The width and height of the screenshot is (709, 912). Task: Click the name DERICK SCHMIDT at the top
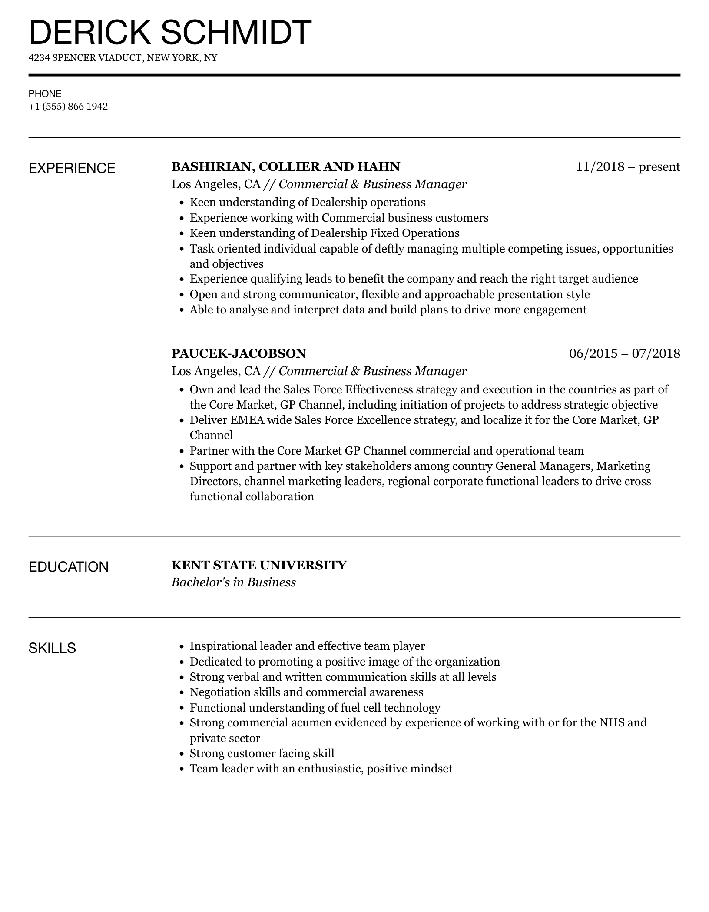point(170,32)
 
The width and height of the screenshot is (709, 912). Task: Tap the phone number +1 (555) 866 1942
point(68,107)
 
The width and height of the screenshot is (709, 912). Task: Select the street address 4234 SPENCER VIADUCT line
point(123,58)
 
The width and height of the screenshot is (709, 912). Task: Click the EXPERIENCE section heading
point(72,168)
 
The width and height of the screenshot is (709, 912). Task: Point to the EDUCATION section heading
point(68,567)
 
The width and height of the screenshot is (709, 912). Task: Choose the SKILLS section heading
point(52,648)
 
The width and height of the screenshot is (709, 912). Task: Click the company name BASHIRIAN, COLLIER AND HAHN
point(285,166)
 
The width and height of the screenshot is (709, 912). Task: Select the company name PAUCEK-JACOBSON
point(239,353)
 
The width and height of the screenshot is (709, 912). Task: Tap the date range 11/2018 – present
point(628,166)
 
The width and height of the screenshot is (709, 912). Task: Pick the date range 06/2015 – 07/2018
point(624,353)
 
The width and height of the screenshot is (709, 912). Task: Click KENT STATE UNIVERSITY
point(259,565)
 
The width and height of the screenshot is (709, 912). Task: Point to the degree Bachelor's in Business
point(233,582)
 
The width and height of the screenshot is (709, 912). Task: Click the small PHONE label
point(45,94)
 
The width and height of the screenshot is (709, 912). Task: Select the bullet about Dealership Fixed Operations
point(324,233)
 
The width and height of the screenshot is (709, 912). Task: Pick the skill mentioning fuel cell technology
point(315,708)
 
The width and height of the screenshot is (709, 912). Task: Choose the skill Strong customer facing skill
point(262,753)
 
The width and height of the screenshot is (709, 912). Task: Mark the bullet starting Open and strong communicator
point(389,295)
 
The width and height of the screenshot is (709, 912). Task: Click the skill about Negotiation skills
point(306,692)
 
